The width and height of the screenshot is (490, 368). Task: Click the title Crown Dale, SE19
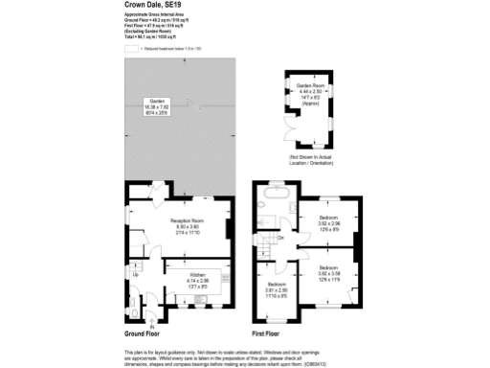pos(151,5)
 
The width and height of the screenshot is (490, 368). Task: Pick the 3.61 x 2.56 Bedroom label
pos(279,290)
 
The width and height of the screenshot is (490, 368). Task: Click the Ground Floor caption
pos(140,333)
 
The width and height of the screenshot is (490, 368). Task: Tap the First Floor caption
pos(271,333)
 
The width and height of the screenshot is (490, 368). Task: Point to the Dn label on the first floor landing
pos(280,238)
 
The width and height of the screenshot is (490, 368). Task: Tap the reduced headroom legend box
pos(131,45)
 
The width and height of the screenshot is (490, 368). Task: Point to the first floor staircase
pos(269,240)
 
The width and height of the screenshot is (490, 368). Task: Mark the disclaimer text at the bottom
pos(244,357)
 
